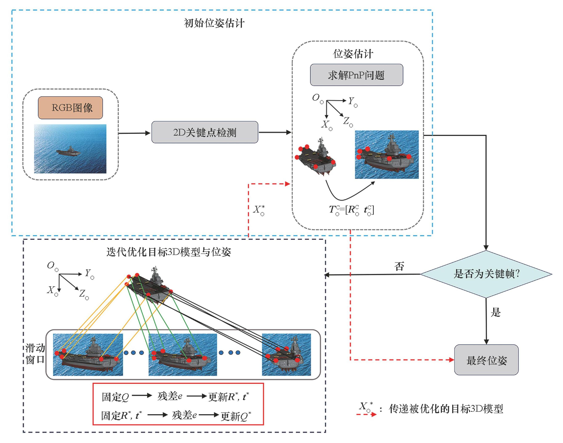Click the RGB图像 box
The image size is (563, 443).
coord(70,108)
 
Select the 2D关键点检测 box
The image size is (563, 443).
coord(205,132)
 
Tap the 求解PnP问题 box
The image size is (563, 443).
coord(356,75)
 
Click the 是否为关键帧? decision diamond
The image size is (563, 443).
coord(486,274)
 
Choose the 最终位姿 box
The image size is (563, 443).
coord(486,360)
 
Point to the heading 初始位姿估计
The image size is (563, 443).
coord(214,23)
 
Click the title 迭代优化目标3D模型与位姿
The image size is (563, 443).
coord(169,252)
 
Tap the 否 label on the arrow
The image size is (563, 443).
coord(399,266)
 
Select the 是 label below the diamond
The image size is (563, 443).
coord(495,312)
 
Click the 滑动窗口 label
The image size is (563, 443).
coord(35,354)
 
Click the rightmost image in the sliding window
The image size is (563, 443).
coord(286,354)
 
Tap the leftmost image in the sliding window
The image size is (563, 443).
coord(88,354)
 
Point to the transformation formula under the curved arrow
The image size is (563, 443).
coord(351,210)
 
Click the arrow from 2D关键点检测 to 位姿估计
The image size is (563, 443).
coord(275,132)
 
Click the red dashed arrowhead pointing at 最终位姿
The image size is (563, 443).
coord(451,360)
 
